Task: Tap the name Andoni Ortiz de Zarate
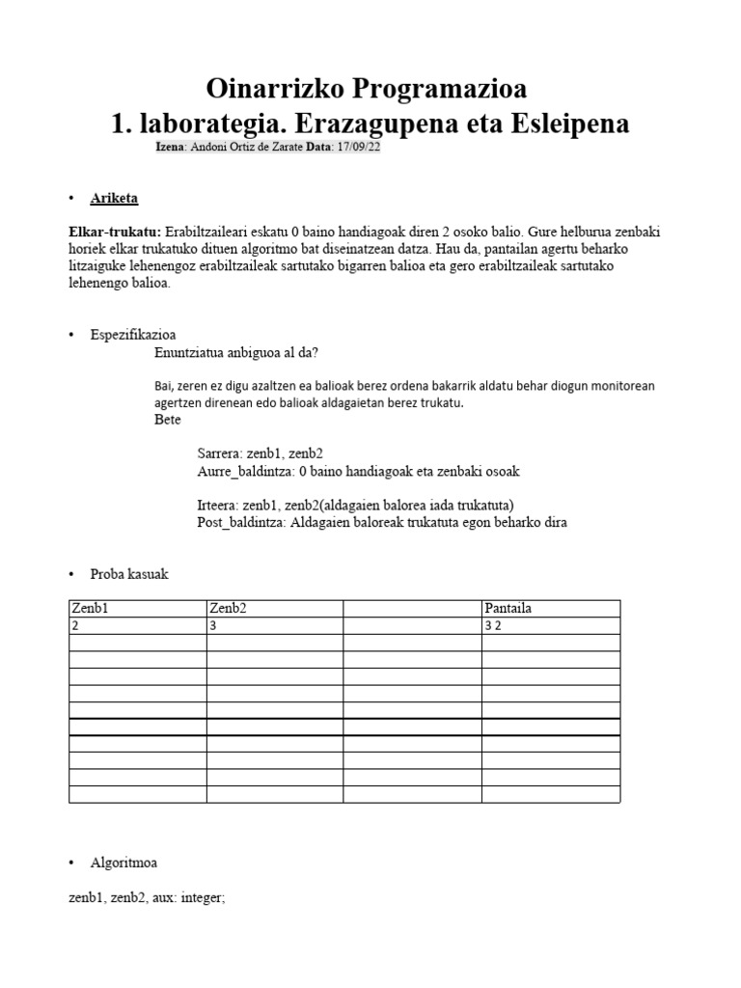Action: [x=246, y=148]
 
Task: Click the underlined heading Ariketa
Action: [x=114, y=199]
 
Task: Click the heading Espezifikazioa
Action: [x=133, y=334]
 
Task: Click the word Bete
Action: [x=168, y=420]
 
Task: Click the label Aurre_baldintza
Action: [x=245, y=471]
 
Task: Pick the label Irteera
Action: [x=217, y=505]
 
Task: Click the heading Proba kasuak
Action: [x=129, y=574]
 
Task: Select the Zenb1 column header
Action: [x=89, y=608]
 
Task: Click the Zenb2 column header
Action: [x=228, y=608]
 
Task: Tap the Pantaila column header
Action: [x=508, y=608]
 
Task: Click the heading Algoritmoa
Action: [x=123, y=862]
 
